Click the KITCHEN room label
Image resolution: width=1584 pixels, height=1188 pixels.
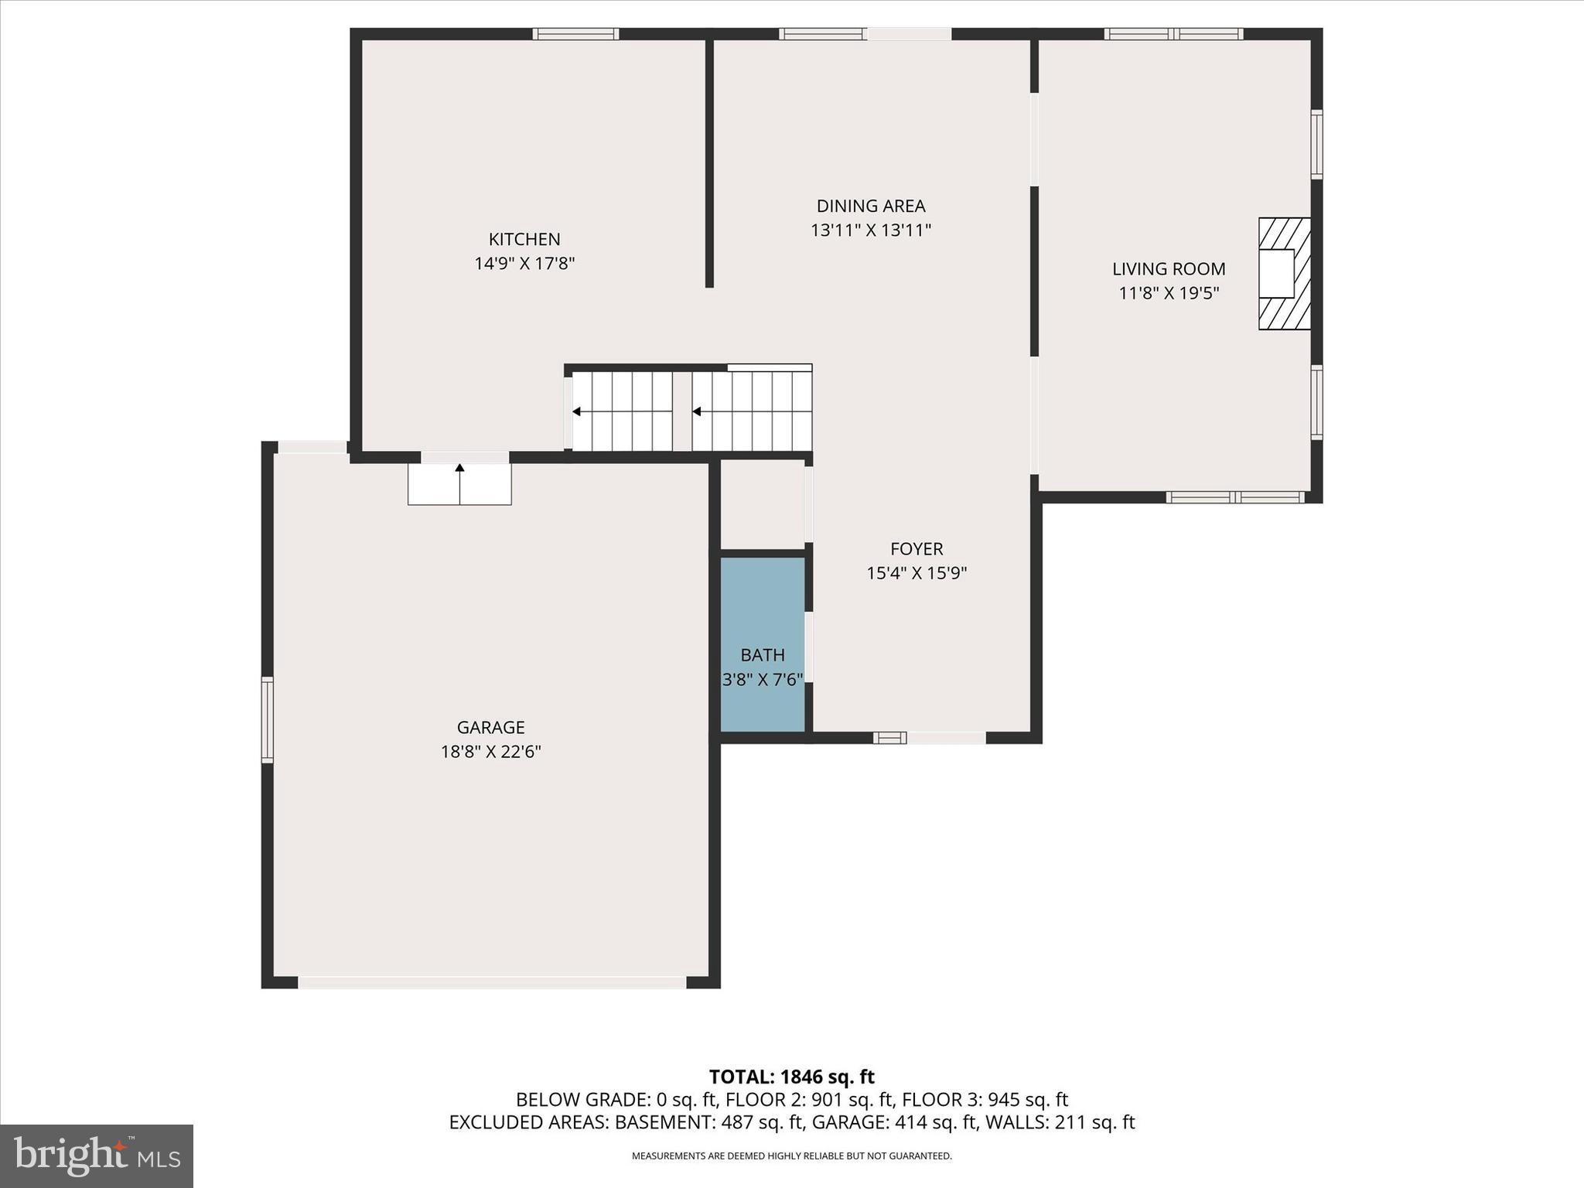point(524,239)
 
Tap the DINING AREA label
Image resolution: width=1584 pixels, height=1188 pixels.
point(870,206)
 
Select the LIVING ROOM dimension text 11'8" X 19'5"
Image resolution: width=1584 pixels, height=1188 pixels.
point(1169,293)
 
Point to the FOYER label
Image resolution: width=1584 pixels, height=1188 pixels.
point(916,549)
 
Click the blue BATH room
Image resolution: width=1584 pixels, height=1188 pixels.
point(763,619)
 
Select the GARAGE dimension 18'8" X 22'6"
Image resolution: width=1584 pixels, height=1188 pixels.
point(490,752)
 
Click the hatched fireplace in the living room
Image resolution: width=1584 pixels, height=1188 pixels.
point(1285,274)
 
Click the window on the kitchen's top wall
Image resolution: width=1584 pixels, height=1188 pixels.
point(575,34)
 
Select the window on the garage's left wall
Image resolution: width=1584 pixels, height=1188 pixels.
point(268,719)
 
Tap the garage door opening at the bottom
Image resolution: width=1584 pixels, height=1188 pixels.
point(492,982)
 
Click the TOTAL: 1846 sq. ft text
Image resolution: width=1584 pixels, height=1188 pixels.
point(791,1077)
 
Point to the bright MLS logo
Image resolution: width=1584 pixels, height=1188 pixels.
point(96,1156)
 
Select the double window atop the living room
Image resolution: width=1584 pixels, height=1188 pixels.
point(1173,34)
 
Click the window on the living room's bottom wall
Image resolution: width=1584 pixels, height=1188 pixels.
point(1234,497)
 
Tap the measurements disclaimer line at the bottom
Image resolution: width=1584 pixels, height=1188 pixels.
point(791,1156)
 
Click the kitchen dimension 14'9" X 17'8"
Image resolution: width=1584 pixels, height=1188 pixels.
point(524,264)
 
